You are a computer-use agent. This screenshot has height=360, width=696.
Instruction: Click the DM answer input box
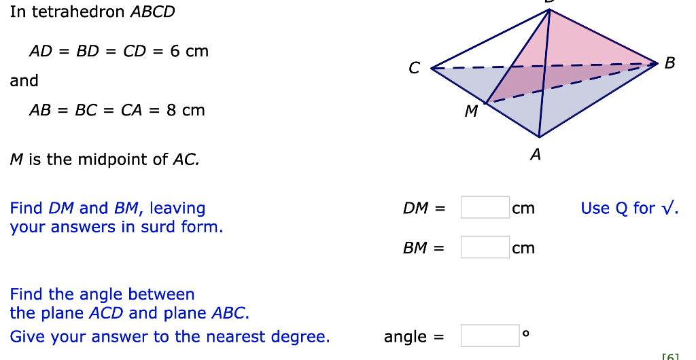pos(485,207)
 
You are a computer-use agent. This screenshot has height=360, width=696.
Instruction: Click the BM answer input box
pos(485,247)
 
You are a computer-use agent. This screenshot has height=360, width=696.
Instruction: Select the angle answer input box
pos(489,336)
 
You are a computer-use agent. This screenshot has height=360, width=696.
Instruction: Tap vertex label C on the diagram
pos(415,68)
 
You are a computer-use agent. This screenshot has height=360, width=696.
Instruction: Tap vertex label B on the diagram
pos(670,63)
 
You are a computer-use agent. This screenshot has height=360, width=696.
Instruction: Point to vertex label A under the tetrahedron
pos(536,156)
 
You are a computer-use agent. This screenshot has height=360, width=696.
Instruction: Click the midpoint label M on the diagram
pos(471,111)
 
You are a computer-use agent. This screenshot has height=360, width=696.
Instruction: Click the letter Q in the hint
pos(621,208)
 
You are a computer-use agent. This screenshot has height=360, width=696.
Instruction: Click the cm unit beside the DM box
pos(523,208)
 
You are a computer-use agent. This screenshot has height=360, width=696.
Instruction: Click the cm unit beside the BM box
pos(523,248)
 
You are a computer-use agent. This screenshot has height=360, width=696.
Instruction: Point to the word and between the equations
pos(24,81)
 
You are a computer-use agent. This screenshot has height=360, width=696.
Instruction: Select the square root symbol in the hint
pos(669,208)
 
